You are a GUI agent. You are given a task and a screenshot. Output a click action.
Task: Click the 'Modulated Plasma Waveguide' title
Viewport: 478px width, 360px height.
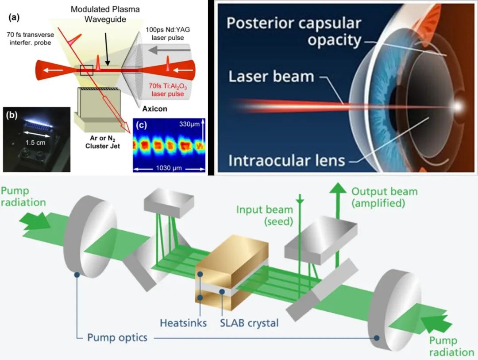pos(105,14)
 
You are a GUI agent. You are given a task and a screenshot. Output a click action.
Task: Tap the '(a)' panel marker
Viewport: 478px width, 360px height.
pos(14,17)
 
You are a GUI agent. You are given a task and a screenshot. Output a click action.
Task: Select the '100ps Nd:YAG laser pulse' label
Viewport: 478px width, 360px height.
pos(168,34)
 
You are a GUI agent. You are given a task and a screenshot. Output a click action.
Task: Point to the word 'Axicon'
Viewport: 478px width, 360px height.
pos(154,108)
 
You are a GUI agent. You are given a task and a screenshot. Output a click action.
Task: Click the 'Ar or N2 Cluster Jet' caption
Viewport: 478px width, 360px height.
pos(102,142)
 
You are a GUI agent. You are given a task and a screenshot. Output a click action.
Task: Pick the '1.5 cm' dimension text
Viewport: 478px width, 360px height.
pos(35,143)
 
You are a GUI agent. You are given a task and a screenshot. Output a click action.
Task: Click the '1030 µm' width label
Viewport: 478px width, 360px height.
pos(169,168)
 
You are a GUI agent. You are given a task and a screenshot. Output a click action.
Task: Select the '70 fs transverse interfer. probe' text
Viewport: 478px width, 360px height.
pos(30,39)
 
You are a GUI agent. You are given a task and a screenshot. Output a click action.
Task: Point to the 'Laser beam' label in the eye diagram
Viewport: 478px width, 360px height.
pos(271,76)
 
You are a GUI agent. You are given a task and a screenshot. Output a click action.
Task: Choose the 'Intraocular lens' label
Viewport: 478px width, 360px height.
pos(286,160)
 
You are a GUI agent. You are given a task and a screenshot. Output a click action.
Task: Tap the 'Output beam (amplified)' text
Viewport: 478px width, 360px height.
pos(385,197)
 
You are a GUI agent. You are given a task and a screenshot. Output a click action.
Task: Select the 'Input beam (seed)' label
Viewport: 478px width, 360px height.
pos(265,215)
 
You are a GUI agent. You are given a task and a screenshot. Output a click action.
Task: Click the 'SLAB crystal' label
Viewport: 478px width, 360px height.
pos(249,323)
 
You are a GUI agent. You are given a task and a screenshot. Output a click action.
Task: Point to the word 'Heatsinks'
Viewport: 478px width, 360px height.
pos(183,323)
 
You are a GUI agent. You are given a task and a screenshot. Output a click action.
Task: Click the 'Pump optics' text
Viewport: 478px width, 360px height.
pos(117,337)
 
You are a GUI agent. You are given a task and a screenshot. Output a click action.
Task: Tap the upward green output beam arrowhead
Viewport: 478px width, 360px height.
pos(338,188)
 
